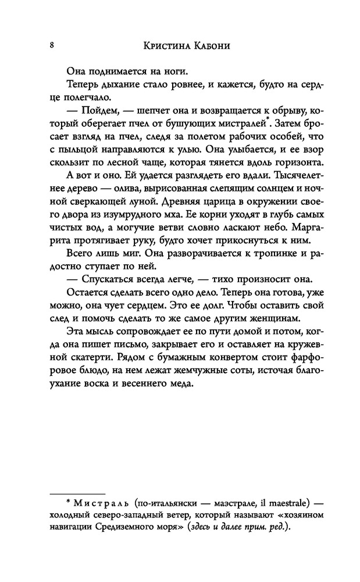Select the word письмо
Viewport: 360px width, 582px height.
click(130, 347)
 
